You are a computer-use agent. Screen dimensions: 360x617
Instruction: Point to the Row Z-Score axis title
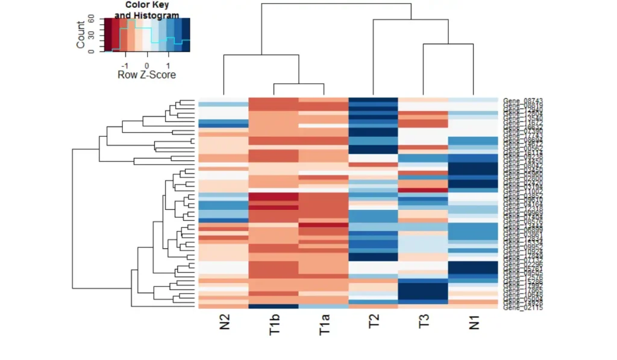(x=146, y=75)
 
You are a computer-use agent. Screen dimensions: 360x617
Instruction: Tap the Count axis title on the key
(x=81, y=35)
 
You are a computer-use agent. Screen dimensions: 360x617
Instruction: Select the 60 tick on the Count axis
(x=92, y=19)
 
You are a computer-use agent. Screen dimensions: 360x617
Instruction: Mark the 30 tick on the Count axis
(x=92, y=35)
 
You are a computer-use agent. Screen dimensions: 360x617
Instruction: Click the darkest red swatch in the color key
(x=108, y=35)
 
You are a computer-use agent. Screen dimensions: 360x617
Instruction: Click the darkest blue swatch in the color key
(x=186, y=35)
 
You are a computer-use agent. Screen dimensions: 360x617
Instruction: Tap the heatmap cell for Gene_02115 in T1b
(x=274, y=306)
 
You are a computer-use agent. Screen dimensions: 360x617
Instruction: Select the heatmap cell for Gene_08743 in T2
(x=374, y=99)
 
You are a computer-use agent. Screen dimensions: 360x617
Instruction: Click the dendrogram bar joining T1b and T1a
(x=299, y=84)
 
